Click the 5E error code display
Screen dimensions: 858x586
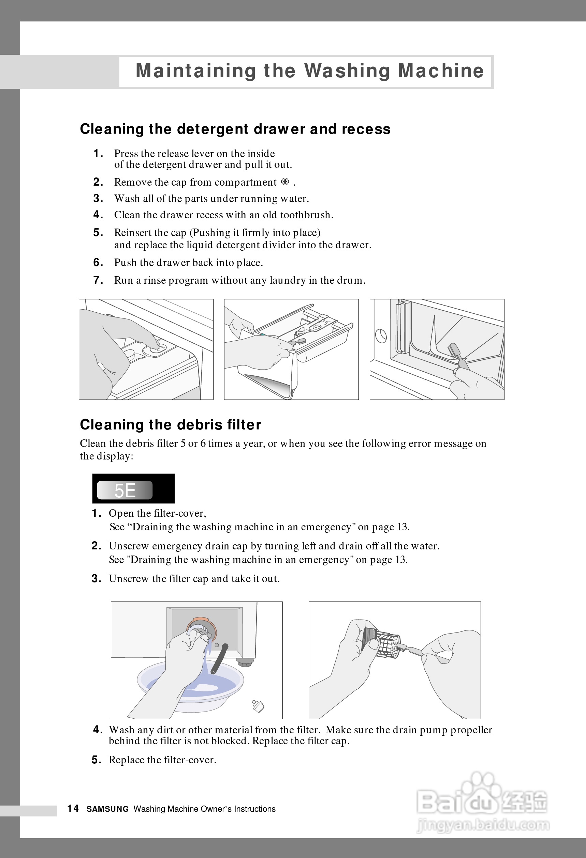click(x=124, y=490)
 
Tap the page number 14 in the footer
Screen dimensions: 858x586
click(x=73, y=809)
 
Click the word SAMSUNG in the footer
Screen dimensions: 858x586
click(x=107, y=809)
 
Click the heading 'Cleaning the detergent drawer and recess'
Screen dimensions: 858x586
click(x=235, y=129)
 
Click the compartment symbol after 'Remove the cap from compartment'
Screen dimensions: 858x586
click(x=285, y=181)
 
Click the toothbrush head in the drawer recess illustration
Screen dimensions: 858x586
click(x=453, y=351)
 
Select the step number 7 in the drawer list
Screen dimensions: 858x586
click(x=98, y=280)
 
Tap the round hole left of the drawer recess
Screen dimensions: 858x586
click(x=381, y=336)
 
